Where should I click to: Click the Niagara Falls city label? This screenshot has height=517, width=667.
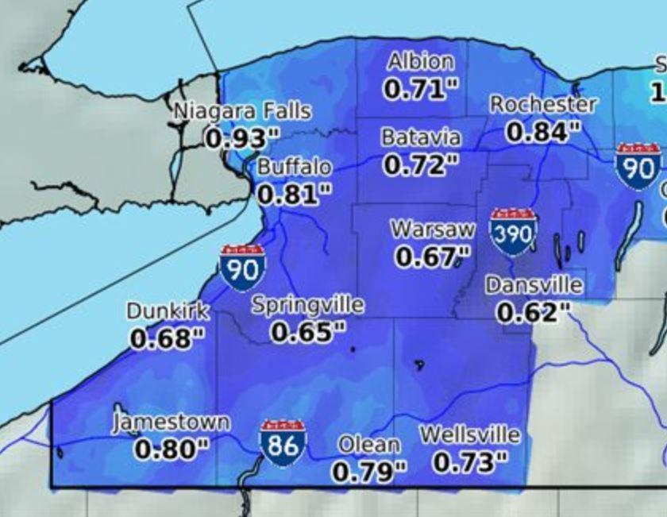point(242,111)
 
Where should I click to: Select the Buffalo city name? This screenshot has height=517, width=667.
point(294,168)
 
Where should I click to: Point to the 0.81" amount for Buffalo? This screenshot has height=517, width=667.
point(294,194)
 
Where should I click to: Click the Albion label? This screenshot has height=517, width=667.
point(421,62)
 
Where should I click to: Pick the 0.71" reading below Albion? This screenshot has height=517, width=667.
point(421,89)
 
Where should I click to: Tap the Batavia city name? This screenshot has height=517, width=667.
point(421,137)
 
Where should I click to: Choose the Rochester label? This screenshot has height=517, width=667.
point(542,104)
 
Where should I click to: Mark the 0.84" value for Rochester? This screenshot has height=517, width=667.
point(542,131)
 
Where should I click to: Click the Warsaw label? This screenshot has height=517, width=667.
point(432,230)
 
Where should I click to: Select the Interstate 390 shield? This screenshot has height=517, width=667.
point(513,232)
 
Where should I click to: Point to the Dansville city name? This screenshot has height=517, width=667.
point(534,285)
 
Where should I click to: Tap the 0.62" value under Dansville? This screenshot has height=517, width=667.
point(534,312)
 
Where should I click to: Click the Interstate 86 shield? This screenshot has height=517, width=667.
point(283,443)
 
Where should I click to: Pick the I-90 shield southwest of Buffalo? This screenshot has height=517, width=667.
point(242,268)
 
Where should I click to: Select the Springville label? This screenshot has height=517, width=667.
point(308,305)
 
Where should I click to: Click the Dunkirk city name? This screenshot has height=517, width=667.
point(168,311)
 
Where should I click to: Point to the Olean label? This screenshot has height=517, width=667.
point(368,446)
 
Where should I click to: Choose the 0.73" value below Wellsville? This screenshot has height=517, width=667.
point(470,461)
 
